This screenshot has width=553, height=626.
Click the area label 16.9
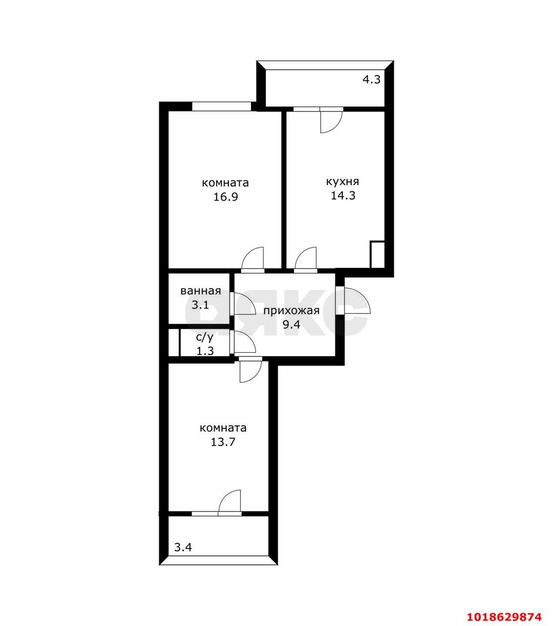tap(225, 197)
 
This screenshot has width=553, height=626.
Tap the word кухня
tap(343, 181)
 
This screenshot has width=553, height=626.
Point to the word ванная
tap(200, 291)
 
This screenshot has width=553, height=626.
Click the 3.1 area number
tap(200, 305)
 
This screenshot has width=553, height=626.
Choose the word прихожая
tap(291, 311)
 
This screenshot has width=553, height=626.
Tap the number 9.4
tap(291, 324)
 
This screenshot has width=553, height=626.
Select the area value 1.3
tap(205, 351)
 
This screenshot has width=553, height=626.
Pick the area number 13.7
tap(223, 442)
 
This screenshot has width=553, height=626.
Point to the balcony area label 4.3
tap(372, 80)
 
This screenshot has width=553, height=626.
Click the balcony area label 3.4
tap(183, 548)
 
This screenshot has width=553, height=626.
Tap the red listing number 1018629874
tap(504, 608)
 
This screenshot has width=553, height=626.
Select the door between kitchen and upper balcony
tap(331, 121)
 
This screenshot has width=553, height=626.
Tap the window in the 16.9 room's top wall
tap(222, 106)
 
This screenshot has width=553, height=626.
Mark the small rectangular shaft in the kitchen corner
tap(377, 254)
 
